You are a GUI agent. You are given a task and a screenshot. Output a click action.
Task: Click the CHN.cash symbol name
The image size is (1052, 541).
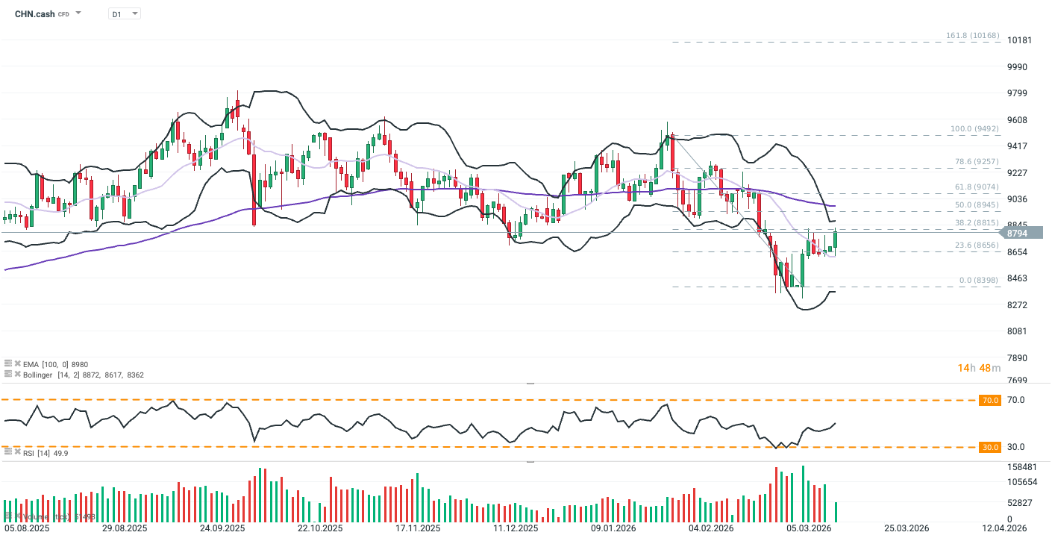tap(34, 13)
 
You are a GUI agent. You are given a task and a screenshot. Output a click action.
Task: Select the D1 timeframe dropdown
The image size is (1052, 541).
tap(124, 13)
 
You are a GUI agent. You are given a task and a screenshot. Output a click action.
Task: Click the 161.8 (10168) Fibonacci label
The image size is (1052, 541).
tap(971, 35)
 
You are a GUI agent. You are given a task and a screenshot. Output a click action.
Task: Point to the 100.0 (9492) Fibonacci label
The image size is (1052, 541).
tap(974, 129)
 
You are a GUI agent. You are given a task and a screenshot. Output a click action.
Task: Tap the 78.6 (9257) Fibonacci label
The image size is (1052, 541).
tap(976, 161)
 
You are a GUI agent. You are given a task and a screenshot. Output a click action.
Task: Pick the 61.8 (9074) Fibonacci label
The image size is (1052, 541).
tap(976, 187)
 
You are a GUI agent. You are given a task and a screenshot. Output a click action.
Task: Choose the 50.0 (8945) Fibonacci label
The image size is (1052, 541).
tap(976, 204)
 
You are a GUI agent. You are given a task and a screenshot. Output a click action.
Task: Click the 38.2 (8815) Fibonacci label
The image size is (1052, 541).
tap(976, 222)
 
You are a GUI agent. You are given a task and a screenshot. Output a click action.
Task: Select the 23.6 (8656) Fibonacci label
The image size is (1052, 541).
tap(976, 245)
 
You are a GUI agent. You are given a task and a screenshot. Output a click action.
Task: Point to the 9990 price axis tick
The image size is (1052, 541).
tap(1018, 67)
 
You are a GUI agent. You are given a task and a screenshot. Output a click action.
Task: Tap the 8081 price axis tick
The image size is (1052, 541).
tap(1018, 331)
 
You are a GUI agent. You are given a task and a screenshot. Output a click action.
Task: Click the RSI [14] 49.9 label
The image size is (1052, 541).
tap(46, 453)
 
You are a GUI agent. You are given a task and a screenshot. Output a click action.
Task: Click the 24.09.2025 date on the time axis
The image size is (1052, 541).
tap(223, 528)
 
